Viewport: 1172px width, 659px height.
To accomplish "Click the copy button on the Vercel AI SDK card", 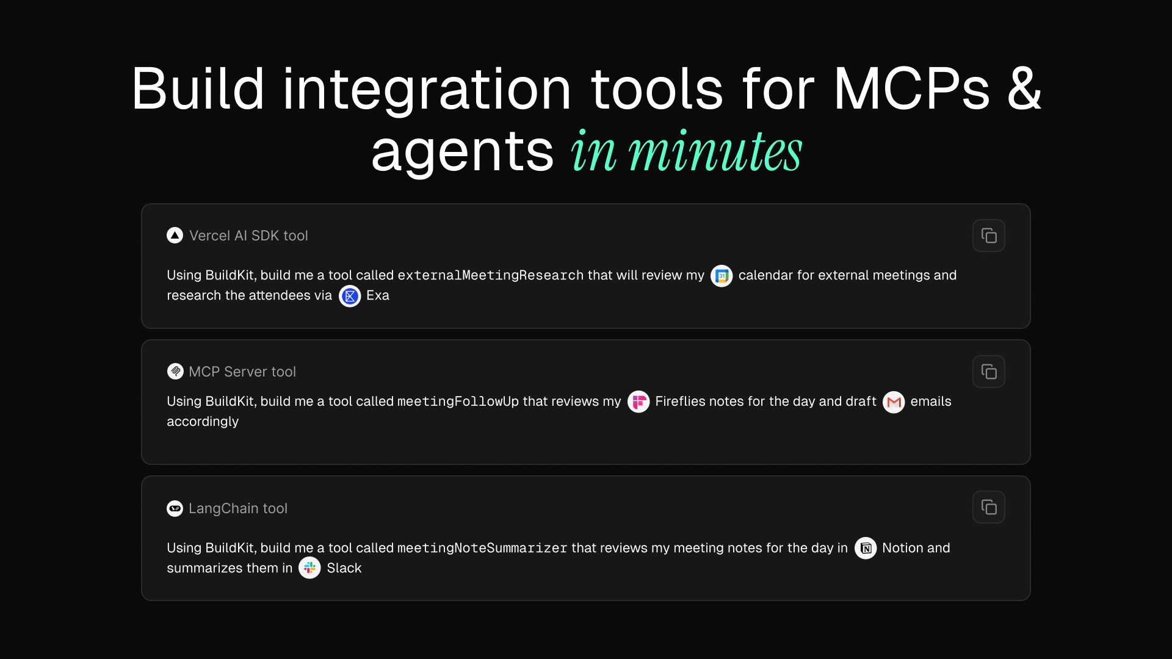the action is pyautogui.click(x=989, y=236).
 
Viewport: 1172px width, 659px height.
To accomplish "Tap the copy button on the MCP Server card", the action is pyautogui.click(x=989, y=372).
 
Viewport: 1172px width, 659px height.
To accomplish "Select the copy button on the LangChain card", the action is pyautogui.click(x=989, y=507).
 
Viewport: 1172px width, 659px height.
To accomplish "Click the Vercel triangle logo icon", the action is pyautogui.click(x=175, y=236).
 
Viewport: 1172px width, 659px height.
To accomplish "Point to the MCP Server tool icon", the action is pyautogui.click(x=175, y=371).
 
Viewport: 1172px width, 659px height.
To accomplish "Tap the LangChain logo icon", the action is pyautogui.click(x=175, y=508).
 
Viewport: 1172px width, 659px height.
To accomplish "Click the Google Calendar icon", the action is pyautogui.click(x=722, y=276).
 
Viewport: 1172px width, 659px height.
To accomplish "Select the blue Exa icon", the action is pyautogui.click(x=350, y=296).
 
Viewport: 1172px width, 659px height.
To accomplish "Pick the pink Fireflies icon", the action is pyautogui.click(x=638, y=402).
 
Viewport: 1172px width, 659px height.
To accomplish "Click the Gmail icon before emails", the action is pyautogui.click(x=894, y=402).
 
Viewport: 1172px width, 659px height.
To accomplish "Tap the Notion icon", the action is pyautogui.click(x=866, y=548).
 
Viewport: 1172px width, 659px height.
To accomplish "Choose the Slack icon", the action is pyautogui.click(x=309, y=568).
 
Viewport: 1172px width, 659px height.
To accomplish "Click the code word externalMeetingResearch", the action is pyautogui.click(x=491, y=275).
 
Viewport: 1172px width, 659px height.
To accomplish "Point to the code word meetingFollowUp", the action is pyautogui.click(x=458, y=402).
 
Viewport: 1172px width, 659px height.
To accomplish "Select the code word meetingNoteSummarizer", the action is pyautogui.click(x=482, y=548).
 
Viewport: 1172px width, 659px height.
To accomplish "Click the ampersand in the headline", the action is pyautogui.click(x=1024, y=89).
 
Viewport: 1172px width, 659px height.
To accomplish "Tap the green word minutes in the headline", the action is pyautogui.click(x=715, y=151).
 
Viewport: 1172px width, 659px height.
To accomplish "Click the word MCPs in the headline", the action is pyautogui.click(x=911, y=89).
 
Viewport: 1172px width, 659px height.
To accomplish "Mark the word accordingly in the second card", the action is pyautogui.click(x=203, y=422).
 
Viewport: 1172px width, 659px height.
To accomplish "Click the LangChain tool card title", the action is pyautogui.click(x=238, y=508).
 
